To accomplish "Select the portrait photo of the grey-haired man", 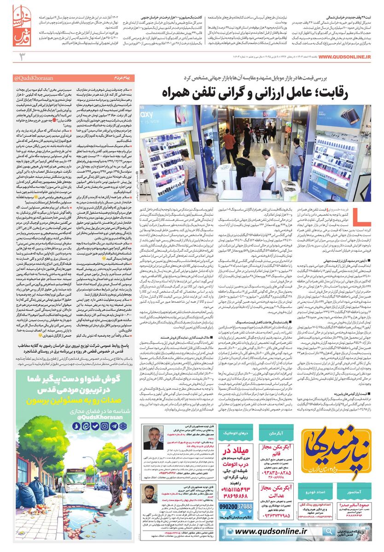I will click(153, 438).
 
